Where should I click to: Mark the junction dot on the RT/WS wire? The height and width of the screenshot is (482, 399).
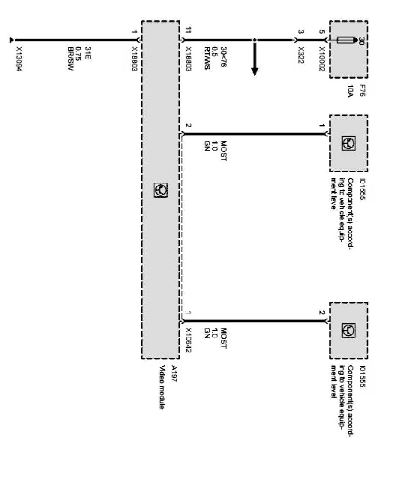tap(254, 40)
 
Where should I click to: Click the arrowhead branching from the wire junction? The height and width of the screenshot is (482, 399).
tap(254, 71)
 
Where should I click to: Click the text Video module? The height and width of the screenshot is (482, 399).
tap(162, 387)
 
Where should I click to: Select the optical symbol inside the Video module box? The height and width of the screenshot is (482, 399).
tap(161, 190)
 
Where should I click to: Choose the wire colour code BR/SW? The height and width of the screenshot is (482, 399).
tap(70, 58)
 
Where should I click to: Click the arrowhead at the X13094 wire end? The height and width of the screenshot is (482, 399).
tap(12, 41)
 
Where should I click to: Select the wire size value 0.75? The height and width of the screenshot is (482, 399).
tap(78, 53)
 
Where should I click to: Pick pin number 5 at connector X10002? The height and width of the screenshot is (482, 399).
tap(322, 31)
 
